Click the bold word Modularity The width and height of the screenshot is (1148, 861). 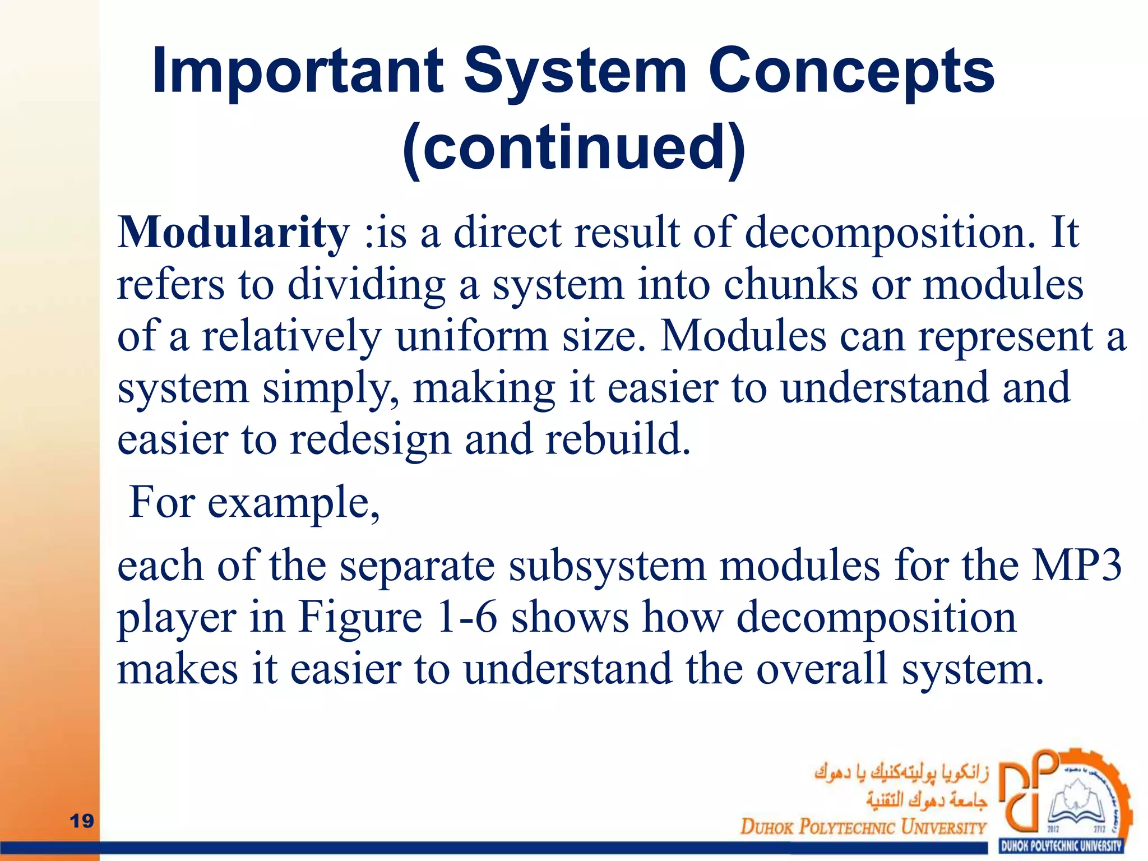click(x=233, y=233)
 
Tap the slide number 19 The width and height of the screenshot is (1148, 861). click(x=82, y=821)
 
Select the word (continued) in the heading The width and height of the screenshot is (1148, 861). click(x=574, y=148)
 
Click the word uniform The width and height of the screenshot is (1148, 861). click(x=472, y=336)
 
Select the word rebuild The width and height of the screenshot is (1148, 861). click(x=618, y=439)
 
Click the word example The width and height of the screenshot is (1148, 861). click(x=293, y=503)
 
